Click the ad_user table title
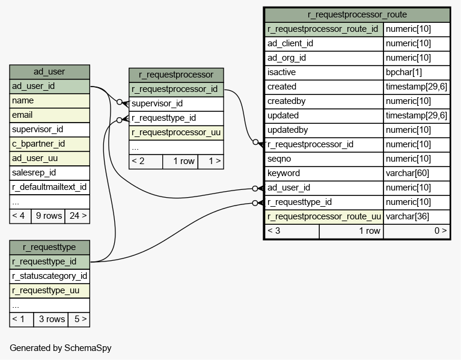[x=49, y=72]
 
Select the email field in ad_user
[x=49, y=115]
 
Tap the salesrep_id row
[x=49, y=173]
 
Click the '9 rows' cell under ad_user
[x=48, y=216]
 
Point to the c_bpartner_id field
[x=49, y=144]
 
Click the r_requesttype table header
[x=49, y=248]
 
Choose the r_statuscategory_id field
[x=49, y=276]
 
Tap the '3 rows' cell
[x=51, y=320]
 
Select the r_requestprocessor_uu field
[x=176, y=133]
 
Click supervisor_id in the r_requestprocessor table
[x=176, y=104]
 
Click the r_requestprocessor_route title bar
[x=357, y=14]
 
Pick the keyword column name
[x=324, y=173]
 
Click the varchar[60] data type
[x=417, y=173]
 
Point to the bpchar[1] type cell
[x=417, y=72]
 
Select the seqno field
[x=324, y=159]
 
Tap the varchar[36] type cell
[x=417, y=216]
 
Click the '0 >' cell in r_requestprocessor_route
[x=417, y=231]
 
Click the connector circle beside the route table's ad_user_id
[x=255, y=189]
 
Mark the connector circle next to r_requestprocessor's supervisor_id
[x=120, y=102]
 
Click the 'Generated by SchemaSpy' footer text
[x=61, y=348]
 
